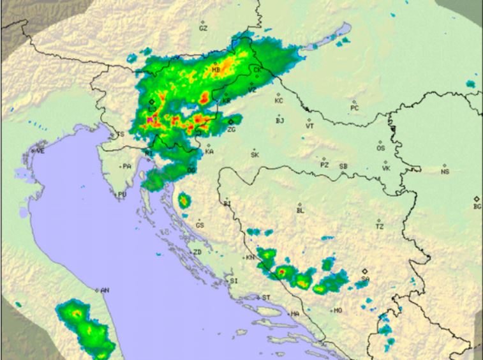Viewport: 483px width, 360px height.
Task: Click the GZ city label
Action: pos(203,29)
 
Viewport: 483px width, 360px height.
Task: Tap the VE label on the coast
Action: pos(41,151)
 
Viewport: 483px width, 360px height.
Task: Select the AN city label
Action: pos(105,290)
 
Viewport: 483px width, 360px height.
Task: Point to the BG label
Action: pos(477,207)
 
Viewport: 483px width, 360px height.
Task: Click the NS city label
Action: pos(445,172)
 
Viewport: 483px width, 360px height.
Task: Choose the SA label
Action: pos(365,279)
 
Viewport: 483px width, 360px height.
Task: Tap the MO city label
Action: pos(338,311)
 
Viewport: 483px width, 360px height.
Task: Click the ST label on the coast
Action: pos(266,297)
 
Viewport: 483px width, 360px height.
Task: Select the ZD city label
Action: pos(197,253)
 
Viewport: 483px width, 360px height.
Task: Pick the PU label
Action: pos(122,195)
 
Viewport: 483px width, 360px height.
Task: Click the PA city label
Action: pos(127,167)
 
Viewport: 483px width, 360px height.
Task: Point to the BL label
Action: pos(301,210)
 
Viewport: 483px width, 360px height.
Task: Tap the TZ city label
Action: pos(380,227)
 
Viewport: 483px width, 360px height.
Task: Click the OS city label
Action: pos(381,148)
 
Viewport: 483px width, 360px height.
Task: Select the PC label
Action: pos(355,108)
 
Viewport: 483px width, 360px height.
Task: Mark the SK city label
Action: pos(255,155)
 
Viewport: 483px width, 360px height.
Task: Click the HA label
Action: pos(295,313)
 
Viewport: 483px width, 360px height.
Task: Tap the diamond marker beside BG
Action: pos(476,199)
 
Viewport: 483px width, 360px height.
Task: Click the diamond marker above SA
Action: pos(365,271)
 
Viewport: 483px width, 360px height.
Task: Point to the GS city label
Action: pos(200,225)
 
